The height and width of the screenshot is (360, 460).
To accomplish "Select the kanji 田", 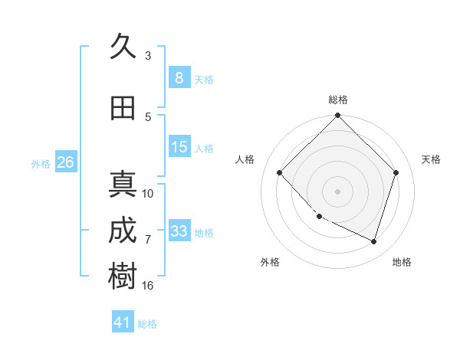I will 123,109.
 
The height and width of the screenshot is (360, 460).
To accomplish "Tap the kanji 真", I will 123,185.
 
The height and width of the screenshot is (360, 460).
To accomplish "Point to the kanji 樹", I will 123,277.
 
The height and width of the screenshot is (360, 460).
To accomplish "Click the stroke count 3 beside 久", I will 148,55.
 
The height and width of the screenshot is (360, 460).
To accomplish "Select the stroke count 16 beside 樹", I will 148,285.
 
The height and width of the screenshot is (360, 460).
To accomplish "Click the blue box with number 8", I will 179,78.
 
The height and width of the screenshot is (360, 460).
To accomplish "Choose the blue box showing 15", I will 179,147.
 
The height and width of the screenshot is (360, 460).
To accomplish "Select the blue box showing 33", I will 179,231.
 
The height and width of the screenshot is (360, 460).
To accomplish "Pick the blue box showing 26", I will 65,162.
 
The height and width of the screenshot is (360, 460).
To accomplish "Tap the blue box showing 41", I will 123,322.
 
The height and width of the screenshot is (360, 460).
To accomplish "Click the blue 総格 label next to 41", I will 147,324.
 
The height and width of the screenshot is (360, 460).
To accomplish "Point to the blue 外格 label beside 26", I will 41,163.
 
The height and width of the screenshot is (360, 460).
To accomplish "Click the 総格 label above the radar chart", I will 337,100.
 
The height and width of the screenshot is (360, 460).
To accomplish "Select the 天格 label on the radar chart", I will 431,159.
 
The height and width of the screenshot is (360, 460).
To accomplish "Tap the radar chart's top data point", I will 337,116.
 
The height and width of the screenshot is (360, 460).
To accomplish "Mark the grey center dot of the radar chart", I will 337,191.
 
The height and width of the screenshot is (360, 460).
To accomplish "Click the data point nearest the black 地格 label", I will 373,241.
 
